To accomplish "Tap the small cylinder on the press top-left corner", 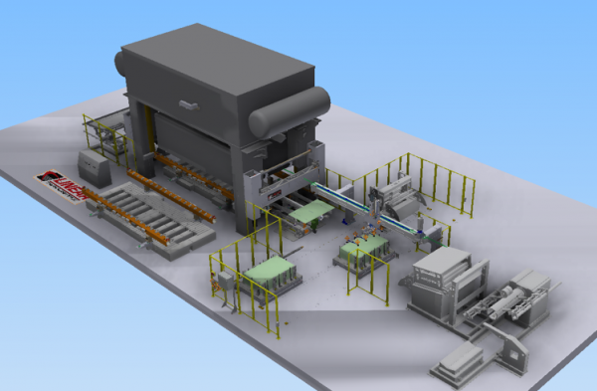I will [x=122, y=63].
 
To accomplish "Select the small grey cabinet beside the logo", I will [x=94, y=164].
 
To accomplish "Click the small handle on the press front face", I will [x=185, y=99].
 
